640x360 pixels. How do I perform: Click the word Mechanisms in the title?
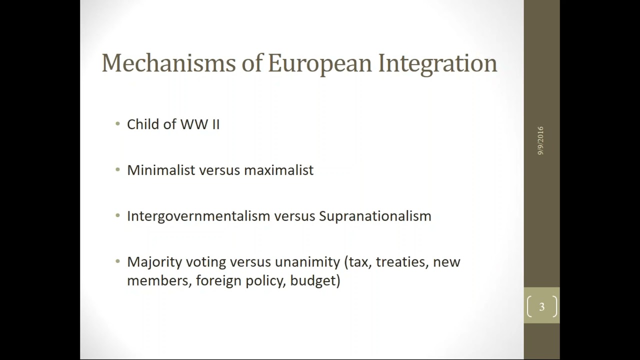tap(168, 63)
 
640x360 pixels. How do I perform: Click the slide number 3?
tap(541, 307)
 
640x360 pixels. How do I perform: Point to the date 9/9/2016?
tap(540, 141)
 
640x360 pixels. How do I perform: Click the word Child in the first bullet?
tap(143, 124)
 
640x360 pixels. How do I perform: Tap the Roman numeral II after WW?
tap(215, 124)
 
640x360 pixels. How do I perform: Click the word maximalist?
tap(279, 170)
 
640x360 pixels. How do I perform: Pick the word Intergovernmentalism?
tap(198, 216)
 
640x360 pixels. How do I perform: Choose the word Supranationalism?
tap(375, 216)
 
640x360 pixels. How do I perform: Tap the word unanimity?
tap(307, 262)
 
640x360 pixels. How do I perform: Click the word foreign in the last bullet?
tap(218, 280)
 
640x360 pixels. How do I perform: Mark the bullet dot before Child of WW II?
tap(117, 124)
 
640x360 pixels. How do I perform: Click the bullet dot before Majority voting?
tap(117, 261)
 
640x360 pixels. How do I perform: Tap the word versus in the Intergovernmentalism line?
tap(294, 217)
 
